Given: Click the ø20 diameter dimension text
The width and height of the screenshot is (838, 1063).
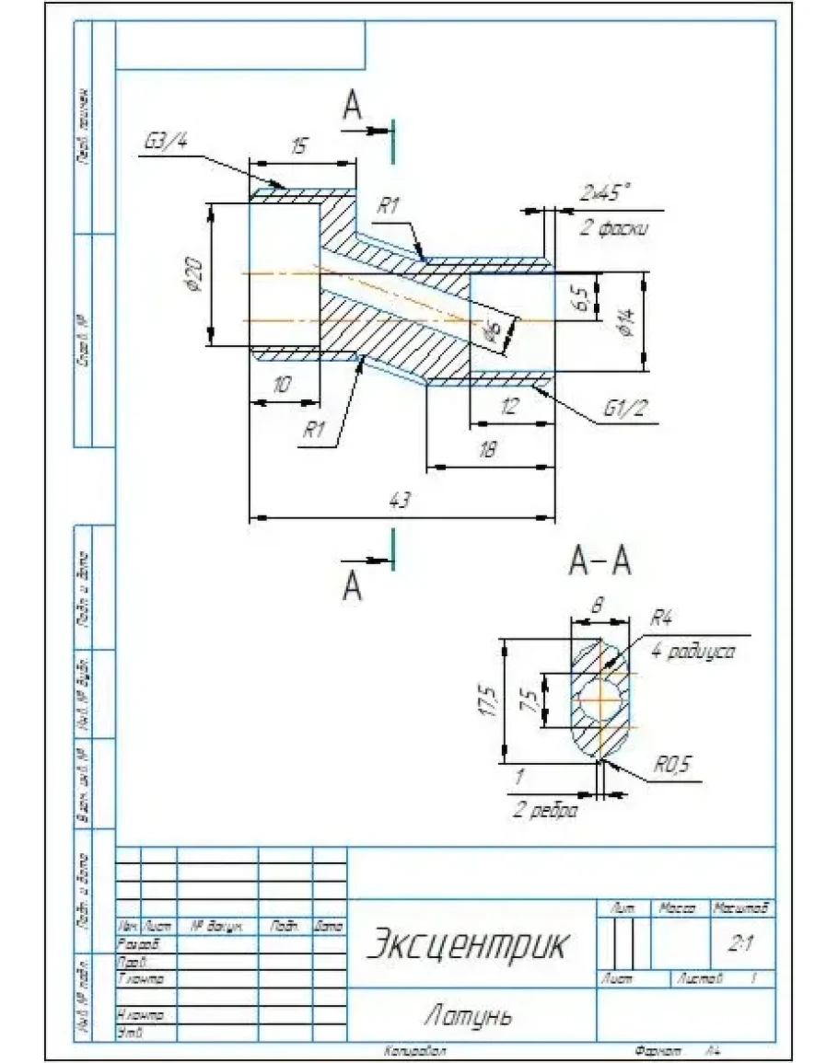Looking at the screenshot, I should pyautogui.click(x=193, y=273).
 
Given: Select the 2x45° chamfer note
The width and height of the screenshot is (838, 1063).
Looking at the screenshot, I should pyautogui.click(x=605, y=194).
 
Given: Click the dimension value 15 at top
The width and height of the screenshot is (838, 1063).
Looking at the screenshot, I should pyautogui.click(x=298, y=146).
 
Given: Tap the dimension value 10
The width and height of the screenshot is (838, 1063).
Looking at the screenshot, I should pyautogui.click(x=282, y=386).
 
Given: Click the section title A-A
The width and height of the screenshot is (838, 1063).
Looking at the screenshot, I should pyautogui.click(x=600, y=560).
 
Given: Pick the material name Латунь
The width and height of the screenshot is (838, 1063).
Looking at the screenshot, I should pyautogui.click(x=467, y=1016).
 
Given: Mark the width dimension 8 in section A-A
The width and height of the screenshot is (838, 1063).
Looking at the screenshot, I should pyautogui.click(x=597, y=607).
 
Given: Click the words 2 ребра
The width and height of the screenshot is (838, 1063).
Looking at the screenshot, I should pyautogui.click(x=546, y=812).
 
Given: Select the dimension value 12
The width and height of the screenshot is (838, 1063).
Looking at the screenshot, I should pyautogui.click(x=510, y=406).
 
